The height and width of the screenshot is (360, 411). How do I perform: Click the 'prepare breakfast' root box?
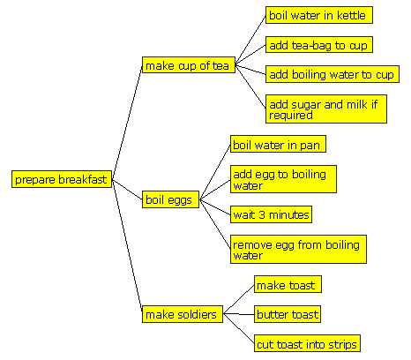62,179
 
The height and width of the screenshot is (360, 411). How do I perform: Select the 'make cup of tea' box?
189,64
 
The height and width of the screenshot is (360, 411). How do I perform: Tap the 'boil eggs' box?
170,199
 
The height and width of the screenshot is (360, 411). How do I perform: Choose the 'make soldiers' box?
183,314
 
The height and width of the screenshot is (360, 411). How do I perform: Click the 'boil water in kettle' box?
319,15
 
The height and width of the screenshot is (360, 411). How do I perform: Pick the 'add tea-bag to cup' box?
319,45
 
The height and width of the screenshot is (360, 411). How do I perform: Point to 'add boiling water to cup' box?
333,74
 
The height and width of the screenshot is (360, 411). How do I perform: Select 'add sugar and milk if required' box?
326,109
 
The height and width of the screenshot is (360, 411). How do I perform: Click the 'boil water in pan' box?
278,144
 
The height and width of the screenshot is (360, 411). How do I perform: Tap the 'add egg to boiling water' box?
283,179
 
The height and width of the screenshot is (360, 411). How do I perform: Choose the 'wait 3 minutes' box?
271,214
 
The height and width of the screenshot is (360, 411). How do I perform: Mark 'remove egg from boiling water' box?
298,249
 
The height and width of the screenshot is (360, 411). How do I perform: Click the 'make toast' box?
288,284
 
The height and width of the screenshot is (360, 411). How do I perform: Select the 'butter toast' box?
288,314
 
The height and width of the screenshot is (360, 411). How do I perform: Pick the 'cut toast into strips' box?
307,343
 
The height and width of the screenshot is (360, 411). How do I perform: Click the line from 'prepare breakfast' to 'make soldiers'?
127,246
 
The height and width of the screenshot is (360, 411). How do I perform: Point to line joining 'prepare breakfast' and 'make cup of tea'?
127,122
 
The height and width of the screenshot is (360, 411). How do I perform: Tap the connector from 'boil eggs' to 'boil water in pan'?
215,172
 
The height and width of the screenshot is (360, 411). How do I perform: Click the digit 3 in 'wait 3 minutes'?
262,215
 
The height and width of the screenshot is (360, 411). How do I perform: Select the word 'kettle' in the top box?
351,15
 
